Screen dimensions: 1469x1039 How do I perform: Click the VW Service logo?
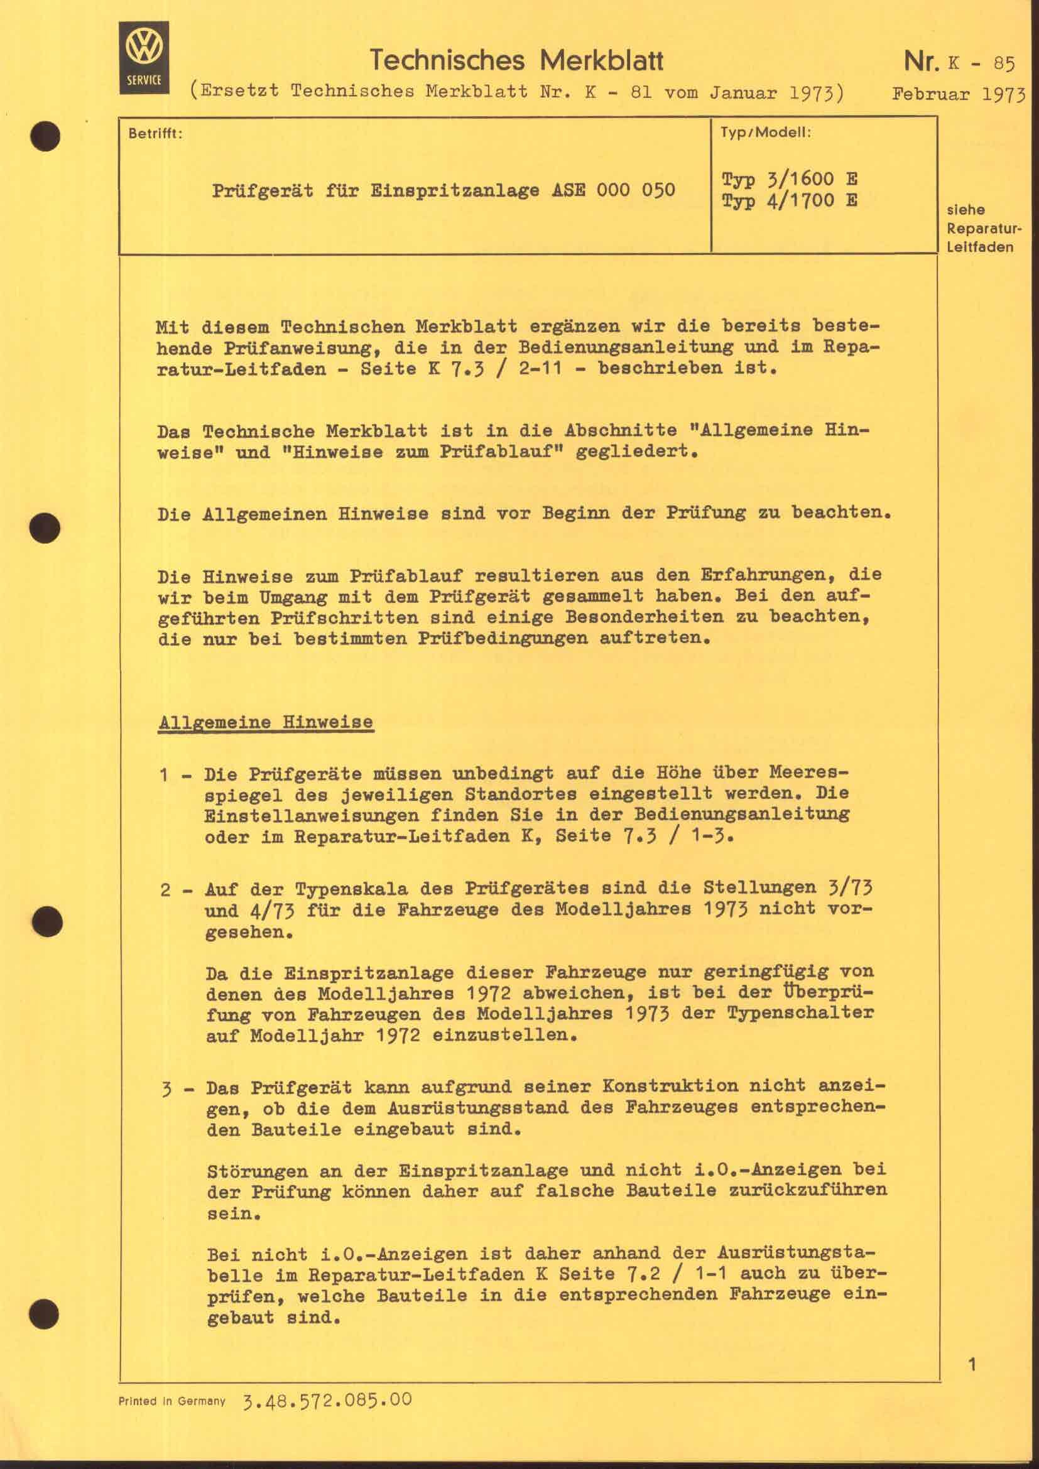click(x=144, y=58)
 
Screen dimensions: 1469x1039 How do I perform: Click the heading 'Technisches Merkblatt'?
click(x=517, y=61)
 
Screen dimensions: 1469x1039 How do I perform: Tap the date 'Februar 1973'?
click(x=959, y=95)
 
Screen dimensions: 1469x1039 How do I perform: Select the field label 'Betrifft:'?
click(x=155, y=134)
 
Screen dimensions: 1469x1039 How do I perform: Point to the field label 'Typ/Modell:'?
click(x=765, y=133)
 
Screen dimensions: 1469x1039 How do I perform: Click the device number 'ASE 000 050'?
click(x=614, y=191)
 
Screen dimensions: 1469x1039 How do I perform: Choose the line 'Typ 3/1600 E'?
click(x=790, y=178)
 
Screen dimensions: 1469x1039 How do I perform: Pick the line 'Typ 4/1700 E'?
click(x=790, y=202)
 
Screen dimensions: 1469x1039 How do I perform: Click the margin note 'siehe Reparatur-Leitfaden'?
click(x=979, y=229)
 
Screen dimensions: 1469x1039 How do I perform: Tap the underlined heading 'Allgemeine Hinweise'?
click(x=266, y=722)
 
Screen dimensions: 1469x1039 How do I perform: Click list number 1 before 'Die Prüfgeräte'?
click(x=165, y=775)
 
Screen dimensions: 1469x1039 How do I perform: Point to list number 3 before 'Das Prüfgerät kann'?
click(x=166, y=1088)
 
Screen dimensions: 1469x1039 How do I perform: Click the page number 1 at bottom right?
click(x=972, y=1365)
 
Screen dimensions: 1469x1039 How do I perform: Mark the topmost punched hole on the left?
click(x=45, y=136)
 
